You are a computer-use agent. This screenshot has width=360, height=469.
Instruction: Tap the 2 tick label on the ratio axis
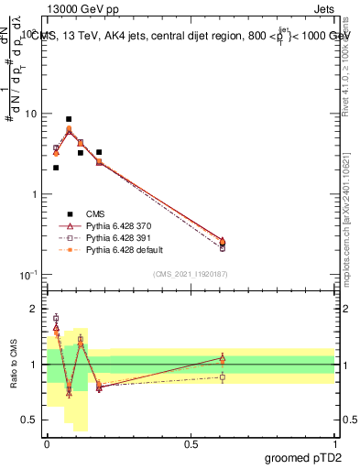[x=35, y=309]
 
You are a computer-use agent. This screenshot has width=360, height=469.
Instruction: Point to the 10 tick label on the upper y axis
[x=30, y=114]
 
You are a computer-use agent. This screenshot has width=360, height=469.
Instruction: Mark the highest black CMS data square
[x=69, y=119]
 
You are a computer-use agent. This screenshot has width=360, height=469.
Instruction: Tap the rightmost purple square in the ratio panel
[x=223, y=377]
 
